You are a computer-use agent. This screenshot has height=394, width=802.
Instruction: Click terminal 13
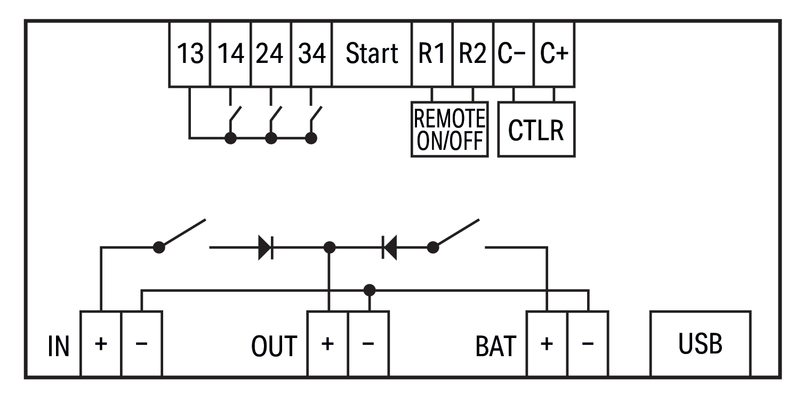pyautogui.click(x=190, y=54)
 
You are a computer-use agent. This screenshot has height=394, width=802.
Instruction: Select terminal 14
pyautogui.click(x=231, y=54)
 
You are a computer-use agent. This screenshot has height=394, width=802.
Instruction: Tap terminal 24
pyautogui.click(x=271, y=54)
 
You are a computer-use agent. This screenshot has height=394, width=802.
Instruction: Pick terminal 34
pyautogui.click(x=312, y=54)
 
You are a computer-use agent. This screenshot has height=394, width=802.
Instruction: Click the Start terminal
pyautogui.click(x=372, y=54)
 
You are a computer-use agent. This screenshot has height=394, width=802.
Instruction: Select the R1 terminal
pyautogui.click(x=432, y=54)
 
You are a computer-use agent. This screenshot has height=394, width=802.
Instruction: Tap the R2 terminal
pyautogui.click(x=472, y=54)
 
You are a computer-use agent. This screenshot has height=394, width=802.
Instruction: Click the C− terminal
pyautogui.click(x=513, y=54)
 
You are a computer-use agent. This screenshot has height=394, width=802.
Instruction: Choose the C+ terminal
pyautogui.click(x=554, y=54)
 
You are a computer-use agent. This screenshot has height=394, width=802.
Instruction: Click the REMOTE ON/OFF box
pyautogui.click(x=450, y=129)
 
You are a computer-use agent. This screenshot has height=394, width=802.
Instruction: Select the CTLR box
pyautogui.click(x=536, y=129)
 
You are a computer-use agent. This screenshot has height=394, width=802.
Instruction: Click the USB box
pyautogui.click(x=700, y=344)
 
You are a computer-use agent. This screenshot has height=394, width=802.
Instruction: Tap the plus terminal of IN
pyautogui.click(x=101, y=344)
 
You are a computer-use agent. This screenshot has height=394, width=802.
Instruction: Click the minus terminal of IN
pyautogui.click(x=141, y=344)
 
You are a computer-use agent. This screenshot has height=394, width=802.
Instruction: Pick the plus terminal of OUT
pyautogui.click(x=328, y=344)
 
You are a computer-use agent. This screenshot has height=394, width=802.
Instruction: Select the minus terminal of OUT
pyautogui.click(x=368, y=344)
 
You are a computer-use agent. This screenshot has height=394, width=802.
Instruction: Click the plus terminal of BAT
pyautogui.click(x=547, y=344)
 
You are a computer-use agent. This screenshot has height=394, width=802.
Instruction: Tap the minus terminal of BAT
pyautogui.click(x=588, y=344)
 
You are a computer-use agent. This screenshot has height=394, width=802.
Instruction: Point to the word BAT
pyautogui.click(x=495, y=347)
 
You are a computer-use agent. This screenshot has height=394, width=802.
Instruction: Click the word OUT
pyautogui.click(x=274, y=347)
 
